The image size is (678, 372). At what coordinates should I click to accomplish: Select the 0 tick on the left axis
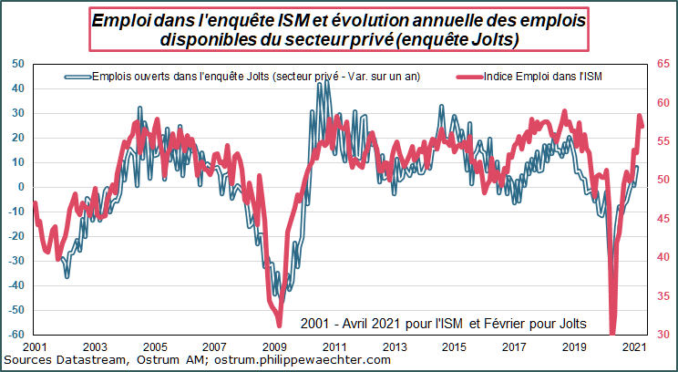(x=20, y=187)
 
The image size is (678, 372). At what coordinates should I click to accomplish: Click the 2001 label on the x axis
(x=35, y=347)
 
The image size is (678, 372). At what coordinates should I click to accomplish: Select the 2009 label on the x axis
(x=274, y=347)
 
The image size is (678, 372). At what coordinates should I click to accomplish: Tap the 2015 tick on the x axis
(x=454, y=347)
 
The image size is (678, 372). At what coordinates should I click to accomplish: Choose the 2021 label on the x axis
(x=632, y=347)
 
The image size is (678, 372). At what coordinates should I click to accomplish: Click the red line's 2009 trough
(x=278, y=325)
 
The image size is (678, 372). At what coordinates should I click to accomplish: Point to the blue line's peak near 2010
(x=328, y=73)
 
